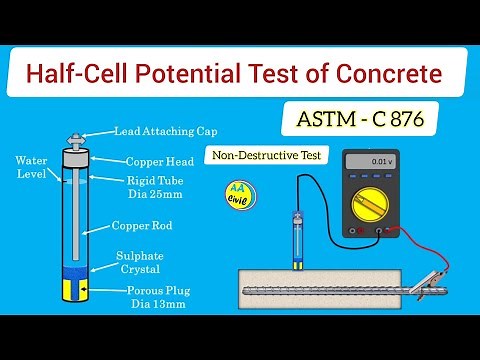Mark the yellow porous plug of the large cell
tap(76, 290)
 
